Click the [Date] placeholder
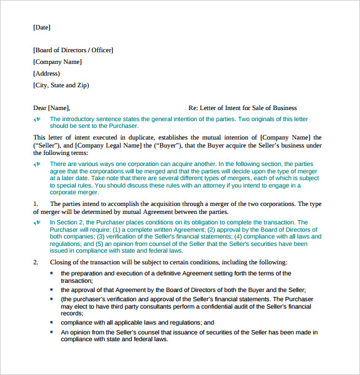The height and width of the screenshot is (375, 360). (42, 28)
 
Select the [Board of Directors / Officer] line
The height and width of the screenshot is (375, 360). (73, 50)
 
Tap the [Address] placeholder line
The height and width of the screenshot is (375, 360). (47, 74)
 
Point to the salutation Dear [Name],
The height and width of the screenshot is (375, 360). (52, 108)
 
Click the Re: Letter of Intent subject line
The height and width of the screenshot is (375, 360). (242, 108)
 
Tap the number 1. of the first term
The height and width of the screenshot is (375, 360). (36, 203)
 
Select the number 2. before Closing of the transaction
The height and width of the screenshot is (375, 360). (36, 262)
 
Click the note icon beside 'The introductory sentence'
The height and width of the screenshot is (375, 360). (38, 119)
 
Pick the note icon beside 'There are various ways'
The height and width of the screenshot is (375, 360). (38, 164)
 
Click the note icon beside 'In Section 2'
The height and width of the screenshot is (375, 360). (38, 223)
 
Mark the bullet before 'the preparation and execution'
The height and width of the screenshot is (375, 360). (52, 273)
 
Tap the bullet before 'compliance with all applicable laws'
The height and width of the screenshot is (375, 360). (52, 322)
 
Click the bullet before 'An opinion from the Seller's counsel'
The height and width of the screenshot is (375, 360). (52, 332)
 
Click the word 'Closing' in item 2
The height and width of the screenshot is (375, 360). (60, 262)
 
